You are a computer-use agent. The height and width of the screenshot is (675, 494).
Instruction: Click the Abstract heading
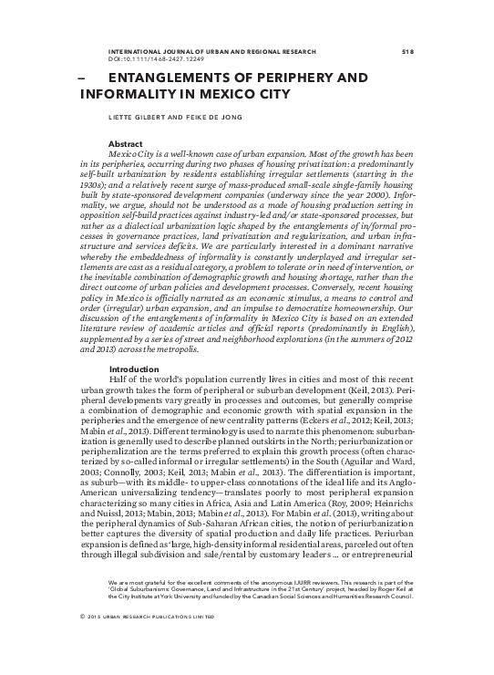coord(125,145)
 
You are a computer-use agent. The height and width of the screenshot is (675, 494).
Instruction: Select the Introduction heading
coord(135,368)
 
